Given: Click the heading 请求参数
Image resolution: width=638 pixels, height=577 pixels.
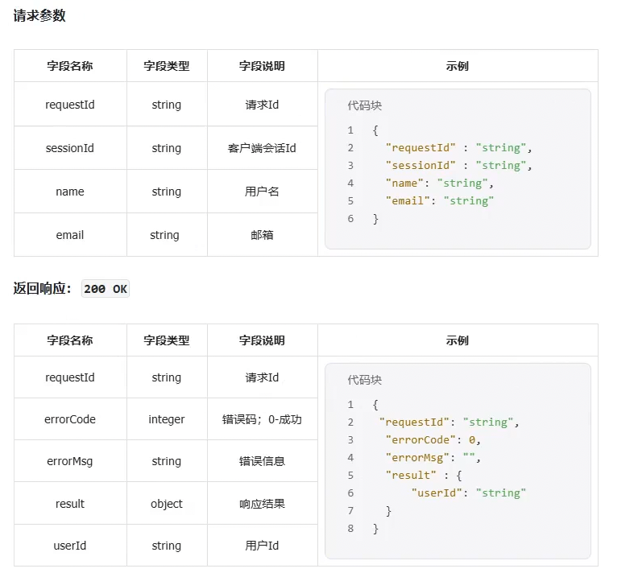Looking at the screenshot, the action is coord(39,15).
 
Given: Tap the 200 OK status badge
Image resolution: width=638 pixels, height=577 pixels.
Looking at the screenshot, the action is coord(106,289).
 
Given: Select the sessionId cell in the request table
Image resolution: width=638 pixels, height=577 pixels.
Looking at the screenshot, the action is coord(70,148).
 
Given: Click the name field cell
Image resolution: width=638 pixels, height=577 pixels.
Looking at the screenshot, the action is coord(70,192).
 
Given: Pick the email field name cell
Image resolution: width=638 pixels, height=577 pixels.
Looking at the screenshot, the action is coord(70,235).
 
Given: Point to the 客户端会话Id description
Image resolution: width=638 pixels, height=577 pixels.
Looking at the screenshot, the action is coord(262,148).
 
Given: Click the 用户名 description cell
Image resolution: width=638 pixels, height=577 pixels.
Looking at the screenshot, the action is coord(262,192).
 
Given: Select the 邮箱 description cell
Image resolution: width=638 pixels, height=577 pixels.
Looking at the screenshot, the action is coord(262,235).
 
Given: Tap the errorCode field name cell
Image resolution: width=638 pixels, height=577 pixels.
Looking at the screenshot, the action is coord(70,419).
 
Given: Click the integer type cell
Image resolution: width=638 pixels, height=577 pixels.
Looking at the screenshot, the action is coord(166,419).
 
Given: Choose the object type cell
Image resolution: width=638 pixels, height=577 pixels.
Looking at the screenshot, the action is coord(166,504).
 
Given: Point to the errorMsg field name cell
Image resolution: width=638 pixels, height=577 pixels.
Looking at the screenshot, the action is coord(70,461).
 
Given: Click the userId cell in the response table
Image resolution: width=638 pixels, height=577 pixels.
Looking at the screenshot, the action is coord(70,546).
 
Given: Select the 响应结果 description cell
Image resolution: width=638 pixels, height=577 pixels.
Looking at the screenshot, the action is coord(262,504).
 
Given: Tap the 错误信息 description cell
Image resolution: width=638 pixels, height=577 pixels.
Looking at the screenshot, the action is coord(262,461).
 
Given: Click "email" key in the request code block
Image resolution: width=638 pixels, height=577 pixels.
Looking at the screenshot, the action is coord(409,201).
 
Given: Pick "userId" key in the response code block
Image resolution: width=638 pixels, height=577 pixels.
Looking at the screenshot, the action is coord(437,493).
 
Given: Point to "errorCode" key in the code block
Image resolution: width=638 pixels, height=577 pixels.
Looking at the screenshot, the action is coord(417,440).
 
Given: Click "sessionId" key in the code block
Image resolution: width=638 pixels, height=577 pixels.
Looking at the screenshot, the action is coord(420,166).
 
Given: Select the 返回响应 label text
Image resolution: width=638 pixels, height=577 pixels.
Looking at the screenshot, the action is coord(42,289).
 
